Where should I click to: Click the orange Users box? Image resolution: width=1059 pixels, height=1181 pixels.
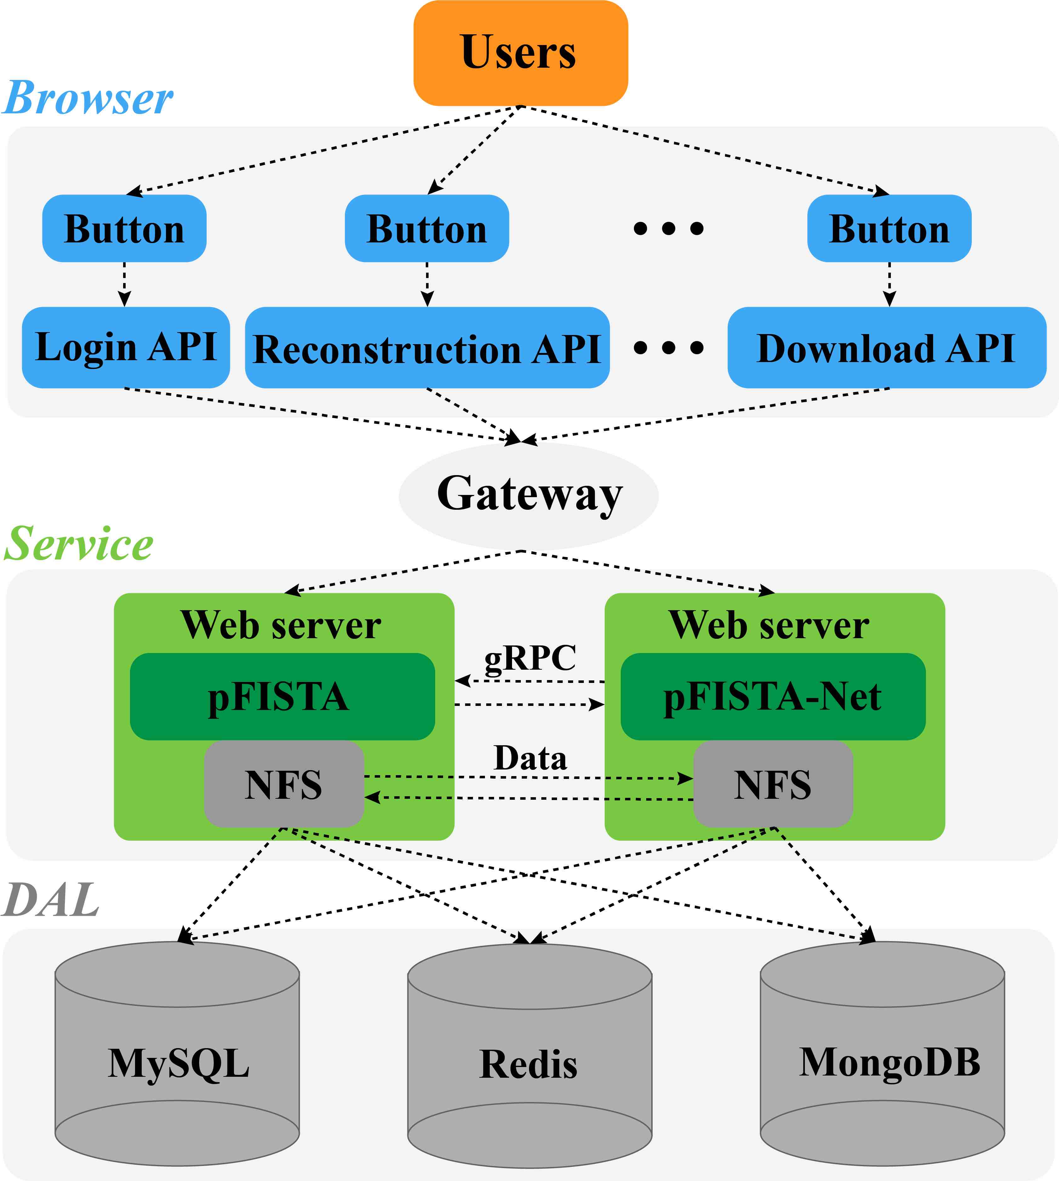(x=520, y=53)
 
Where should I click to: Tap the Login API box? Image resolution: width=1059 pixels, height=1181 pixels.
(x=126, y=347)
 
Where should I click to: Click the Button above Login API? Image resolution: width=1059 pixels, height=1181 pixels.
(x=124, y=229)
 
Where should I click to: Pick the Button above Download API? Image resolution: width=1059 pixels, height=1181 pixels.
(x=889, y=229)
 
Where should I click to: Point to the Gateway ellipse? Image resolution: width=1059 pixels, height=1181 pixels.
(x=528, y=495)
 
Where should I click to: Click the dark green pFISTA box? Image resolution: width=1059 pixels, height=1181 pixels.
(x=282, y=696)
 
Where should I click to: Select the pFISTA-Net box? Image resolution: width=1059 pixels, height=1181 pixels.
(x=773, y=696)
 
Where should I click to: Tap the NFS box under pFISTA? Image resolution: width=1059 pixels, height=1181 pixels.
(x=283, y=784)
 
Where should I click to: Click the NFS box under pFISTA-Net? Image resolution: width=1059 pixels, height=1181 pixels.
(x=773, y=784)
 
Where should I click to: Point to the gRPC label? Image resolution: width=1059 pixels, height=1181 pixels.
(x=530, y=658)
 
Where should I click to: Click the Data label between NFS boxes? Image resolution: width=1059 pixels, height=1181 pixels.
(x=530, y=758)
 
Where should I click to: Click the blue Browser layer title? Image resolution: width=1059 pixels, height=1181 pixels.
(x=87, y=98)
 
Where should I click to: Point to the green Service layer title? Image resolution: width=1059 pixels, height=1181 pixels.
(x=78, y=544)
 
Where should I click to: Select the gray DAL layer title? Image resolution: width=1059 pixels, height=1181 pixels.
(x=51, y=900)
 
